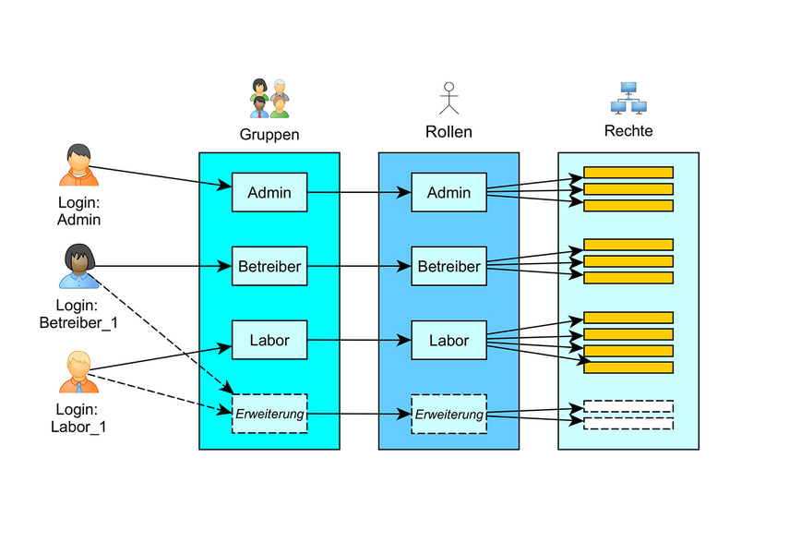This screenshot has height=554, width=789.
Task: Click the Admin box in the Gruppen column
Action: [269, 192]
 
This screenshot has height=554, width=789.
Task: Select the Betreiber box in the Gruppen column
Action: [269, 267]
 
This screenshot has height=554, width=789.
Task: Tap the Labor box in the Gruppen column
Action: [269, 340]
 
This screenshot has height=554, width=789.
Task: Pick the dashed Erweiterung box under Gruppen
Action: [269, 414]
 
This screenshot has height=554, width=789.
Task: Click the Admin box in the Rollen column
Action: [448, 192]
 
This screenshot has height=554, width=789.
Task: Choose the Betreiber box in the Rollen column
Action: [448, 267]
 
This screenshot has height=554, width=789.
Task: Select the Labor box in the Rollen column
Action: [448, 340]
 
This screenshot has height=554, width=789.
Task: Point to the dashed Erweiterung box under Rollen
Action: [448, 414]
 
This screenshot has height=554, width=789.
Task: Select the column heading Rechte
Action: [628, 131]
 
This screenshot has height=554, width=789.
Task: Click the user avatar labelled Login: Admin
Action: [78, 165]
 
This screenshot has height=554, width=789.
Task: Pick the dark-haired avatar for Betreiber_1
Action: [78, 266]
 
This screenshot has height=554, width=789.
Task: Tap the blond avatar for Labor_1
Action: [78, 372]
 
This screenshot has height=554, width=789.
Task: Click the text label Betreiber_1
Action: [78, 322]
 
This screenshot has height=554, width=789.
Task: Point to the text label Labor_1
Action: [78, 427]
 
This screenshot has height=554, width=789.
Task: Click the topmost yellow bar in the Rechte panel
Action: [628, 173]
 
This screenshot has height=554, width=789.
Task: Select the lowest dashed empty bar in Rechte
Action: [628, 424]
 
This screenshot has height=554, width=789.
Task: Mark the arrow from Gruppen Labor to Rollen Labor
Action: [358, 341]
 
